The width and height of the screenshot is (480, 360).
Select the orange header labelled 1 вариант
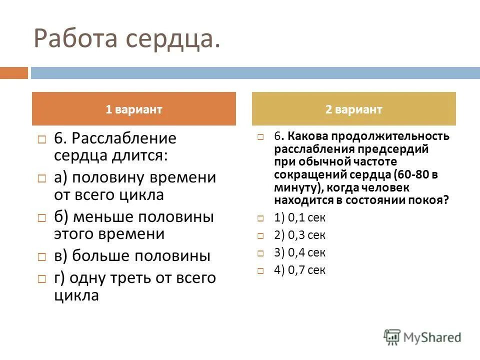[x=134, y=109]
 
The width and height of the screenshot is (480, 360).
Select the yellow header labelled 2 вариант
[x=354, y=109]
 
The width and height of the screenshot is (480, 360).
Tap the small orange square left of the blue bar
[x=13, y=73]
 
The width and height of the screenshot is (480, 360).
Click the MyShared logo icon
[x=391, y=336]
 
